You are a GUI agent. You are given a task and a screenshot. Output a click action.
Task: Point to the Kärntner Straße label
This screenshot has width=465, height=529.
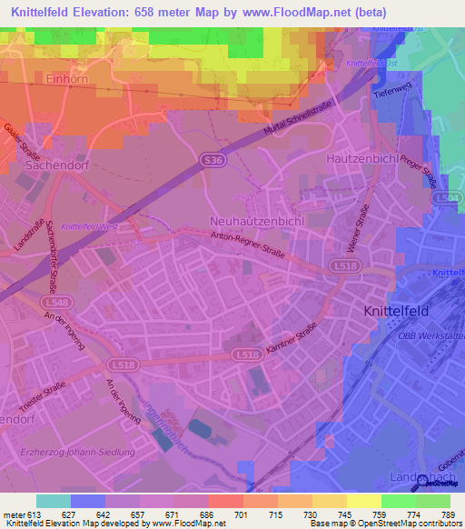click(292, 337)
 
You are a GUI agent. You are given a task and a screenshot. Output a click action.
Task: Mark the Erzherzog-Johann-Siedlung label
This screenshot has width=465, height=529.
click(77, 452)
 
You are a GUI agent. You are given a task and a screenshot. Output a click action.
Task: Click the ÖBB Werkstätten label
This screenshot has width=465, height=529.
click(431, 335)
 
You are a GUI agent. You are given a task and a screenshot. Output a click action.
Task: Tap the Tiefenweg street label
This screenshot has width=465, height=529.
click(392, 91)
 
